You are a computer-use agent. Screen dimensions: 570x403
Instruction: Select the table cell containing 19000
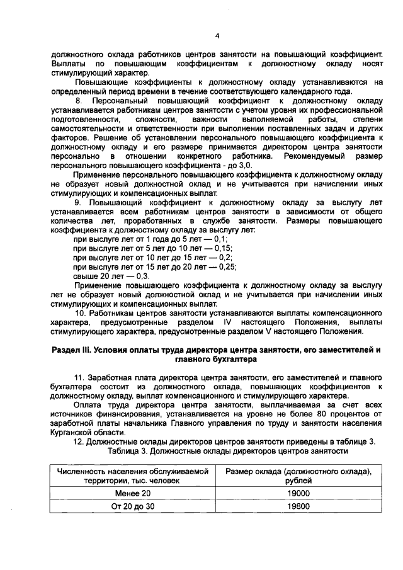pos(298,493)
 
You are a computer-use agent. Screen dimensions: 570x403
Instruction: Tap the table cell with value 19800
pos(298,506)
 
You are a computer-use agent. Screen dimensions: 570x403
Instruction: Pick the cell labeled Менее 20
pos(132,493)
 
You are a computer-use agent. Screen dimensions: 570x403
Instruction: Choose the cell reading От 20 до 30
pos(132,506)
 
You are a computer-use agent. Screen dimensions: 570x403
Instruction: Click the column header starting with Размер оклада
pos(298,476)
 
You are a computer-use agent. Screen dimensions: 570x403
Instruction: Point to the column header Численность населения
pos(132,476)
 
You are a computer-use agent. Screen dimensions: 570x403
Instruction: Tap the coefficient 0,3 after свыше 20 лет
pos(142,276)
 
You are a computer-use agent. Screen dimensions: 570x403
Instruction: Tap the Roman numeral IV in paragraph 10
pos(224,322)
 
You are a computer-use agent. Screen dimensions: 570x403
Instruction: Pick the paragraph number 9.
pos(78,203)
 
